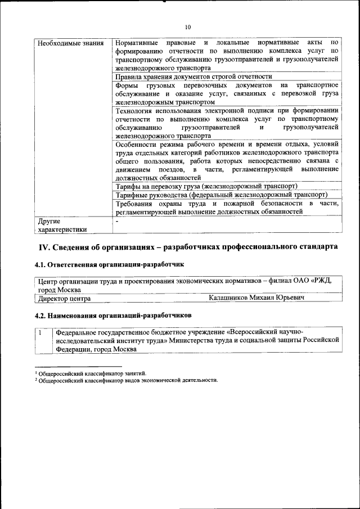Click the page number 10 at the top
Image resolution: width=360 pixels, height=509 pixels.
188,26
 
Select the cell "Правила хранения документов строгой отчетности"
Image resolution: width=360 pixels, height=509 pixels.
193,76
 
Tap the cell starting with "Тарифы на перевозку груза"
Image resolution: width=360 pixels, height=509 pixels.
206,186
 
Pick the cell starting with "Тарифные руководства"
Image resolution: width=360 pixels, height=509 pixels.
221,195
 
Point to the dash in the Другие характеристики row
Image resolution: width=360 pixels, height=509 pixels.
117,221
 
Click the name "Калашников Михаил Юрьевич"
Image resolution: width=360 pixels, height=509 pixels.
256,298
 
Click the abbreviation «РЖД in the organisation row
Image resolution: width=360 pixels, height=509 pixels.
323,281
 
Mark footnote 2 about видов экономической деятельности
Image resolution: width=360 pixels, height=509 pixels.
127,380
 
